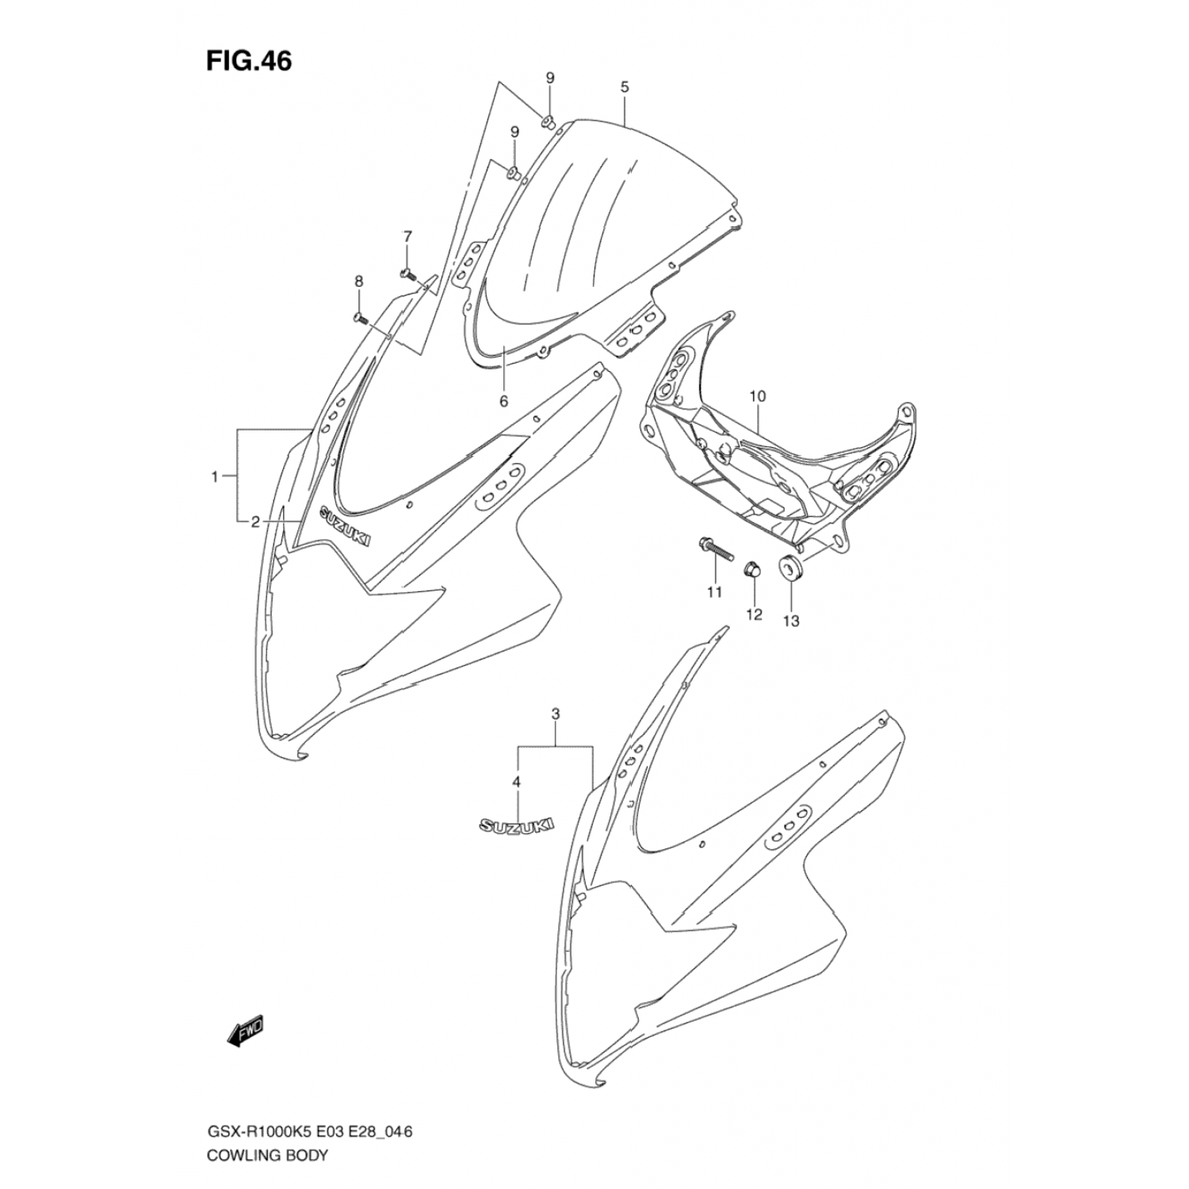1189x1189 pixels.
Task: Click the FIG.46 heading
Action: tap(249, 61)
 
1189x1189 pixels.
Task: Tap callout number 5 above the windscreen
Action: tap(625, 87)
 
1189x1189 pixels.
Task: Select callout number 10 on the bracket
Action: tap(756, 395)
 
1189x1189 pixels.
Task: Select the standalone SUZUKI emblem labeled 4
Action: tap(514, 825)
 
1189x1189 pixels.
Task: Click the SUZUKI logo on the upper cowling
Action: tap(346, 525)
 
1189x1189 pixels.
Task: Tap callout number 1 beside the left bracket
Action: tap(214, 476)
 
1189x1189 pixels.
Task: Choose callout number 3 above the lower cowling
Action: tap(556, 714)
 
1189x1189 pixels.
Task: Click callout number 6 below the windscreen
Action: tap(503, 401)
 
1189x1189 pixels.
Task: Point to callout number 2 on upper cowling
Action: tap(255, 521)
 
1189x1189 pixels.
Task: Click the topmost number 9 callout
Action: tap(549, 78)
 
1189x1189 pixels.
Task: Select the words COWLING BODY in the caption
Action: tap(267, 1154)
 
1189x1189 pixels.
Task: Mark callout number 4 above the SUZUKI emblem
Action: tap(517, 782)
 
